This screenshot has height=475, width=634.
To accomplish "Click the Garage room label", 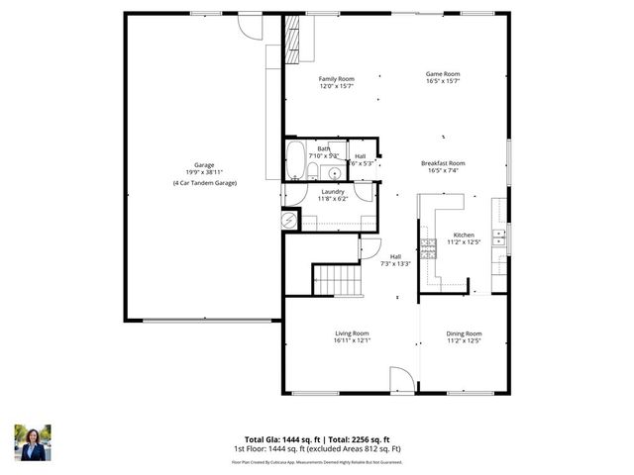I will coord(204,165).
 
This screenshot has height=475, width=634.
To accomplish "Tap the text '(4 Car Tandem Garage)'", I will coord(204,183).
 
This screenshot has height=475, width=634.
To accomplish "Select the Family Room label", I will coord(336,79).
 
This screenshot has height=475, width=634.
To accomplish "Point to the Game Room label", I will coord(443,74).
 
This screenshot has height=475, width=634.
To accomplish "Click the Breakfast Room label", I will coord(443,163).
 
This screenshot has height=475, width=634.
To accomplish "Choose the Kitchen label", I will coord(464,235).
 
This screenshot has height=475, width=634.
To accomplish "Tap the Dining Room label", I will coord(464,333).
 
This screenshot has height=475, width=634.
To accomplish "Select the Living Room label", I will coord(352,333).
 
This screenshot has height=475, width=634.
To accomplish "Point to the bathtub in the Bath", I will coord(295,158).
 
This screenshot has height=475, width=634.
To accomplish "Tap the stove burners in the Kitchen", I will coord(428,245).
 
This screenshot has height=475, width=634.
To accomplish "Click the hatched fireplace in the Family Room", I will coord(292,41).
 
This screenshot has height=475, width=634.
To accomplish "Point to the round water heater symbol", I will coord(290,222).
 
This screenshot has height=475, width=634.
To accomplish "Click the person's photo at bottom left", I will coord(32,442).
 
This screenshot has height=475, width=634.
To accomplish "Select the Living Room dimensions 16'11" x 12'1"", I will coord(352,341).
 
